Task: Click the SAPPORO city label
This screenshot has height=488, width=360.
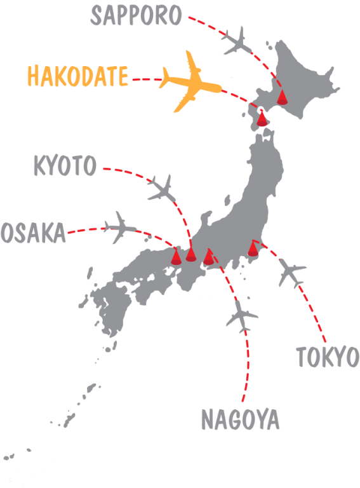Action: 136,16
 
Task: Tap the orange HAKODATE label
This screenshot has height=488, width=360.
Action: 77,77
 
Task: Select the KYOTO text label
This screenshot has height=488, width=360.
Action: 64,166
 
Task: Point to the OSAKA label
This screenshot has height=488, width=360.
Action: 33,233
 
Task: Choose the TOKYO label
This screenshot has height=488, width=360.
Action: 327,358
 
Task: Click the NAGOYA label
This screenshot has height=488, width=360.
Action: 240,420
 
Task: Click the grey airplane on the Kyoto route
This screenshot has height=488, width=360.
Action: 163,188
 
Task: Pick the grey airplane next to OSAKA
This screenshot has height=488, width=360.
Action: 121,226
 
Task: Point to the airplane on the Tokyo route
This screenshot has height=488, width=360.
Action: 292,273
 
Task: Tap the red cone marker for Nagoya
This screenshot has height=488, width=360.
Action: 209,257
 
